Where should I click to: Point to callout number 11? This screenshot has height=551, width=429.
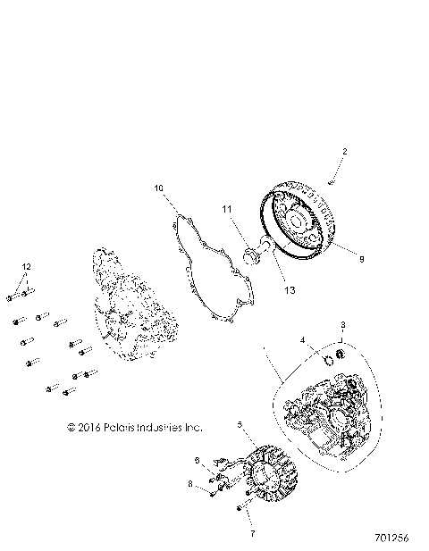tap(227, 210)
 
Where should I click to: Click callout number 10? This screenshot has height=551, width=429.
tap(158, 189)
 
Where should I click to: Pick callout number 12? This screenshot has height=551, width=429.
tap(26, 267)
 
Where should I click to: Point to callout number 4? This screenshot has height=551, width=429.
tap(302, 340)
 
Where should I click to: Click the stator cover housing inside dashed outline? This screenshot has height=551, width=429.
tap(327, 412)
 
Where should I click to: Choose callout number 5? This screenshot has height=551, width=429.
tap(239, 426)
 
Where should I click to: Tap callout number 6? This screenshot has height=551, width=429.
tap(197, 460)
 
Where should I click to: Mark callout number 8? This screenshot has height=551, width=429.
tap(189, 483)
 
